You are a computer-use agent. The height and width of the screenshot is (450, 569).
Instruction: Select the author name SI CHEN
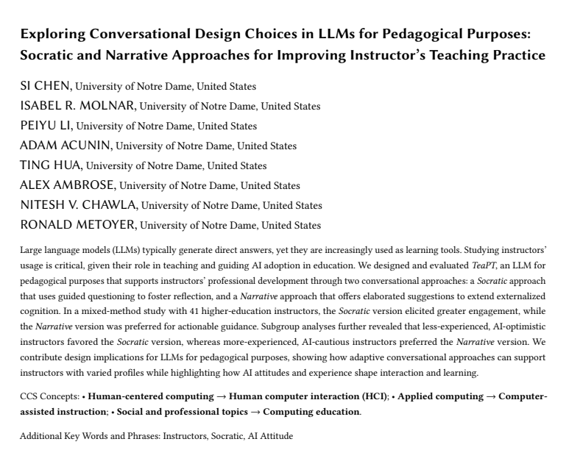[x=46, y=87]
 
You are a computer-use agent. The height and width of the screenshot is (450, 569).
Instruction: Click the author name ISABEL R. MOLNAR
[x=78, y=106]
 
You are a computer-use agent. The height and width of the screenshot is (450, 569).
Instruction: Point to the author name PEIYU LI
[x=46, y=126]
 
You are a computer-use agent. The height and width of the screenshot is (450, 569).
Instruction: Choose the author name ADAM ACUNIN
[x=66, y=146]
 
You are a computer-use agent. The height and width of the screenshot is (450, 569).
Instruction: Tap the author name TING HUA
[x=51, y=165]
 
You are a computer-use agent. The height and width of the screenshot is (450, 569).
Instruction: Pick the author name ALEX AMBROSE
[x=68, y=185]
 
